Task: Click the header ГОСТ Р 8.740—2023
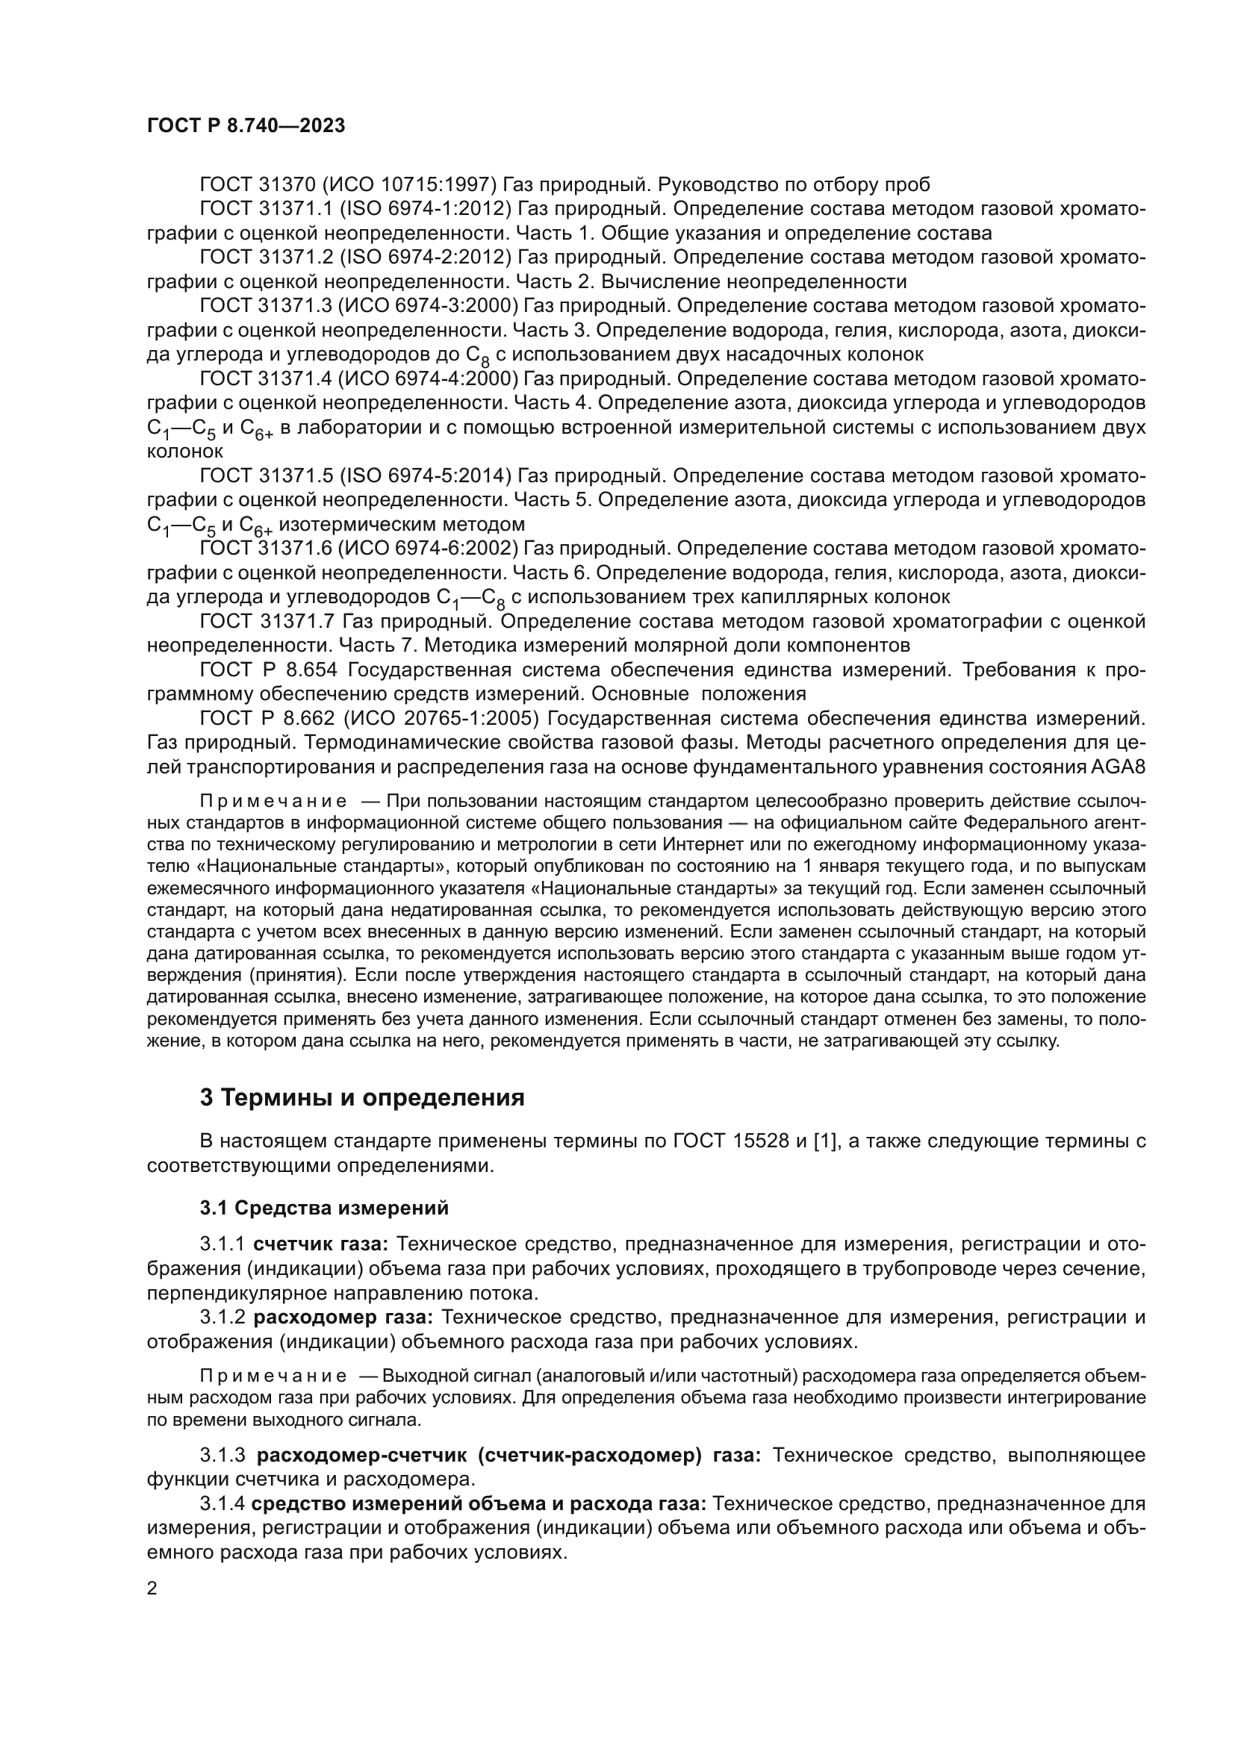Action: (246, 125)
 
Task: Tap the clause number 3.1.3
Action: (222, 1456)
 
